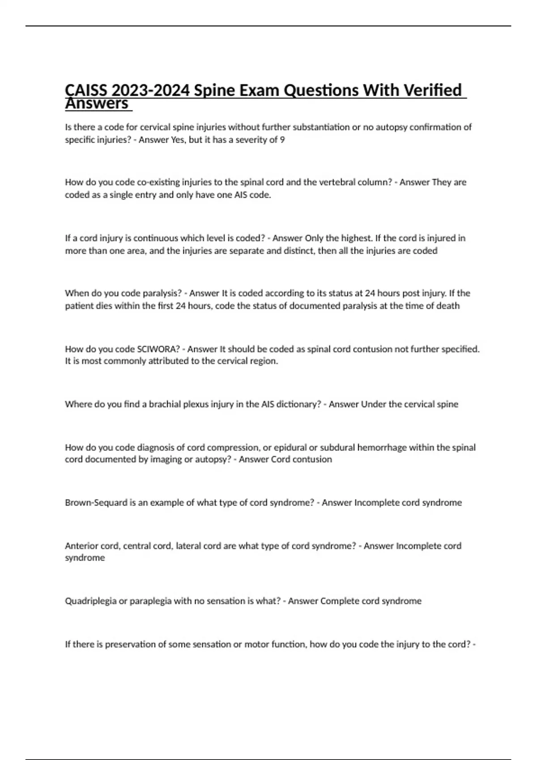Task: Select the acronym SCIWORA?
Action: point(158,349)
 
